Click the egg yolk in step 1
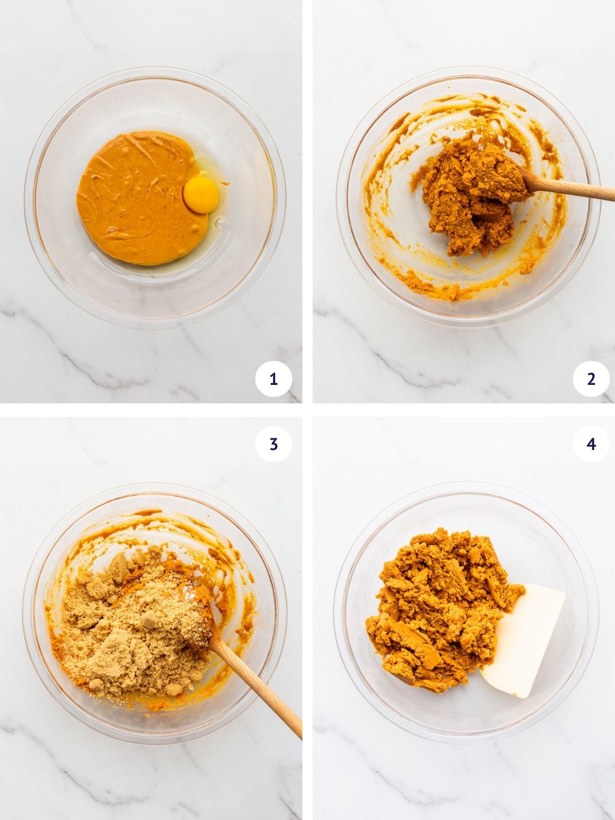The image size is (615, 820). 200,195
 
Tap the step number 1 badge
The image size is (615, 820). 274,379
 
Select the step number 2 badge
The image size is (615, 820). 591,379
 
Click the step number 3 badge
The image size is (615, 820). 274,444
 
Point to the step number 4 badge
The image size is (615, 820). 591,444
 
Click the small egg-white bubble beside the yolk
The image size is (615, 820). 221,222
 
